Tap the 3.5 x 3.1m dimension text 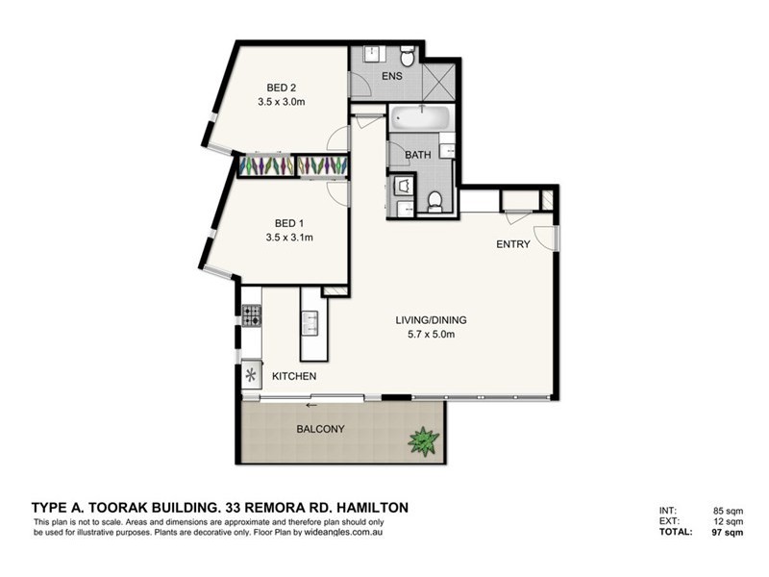coord(288,238)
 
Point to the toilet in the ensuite coord(408,58)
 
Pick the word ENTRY coord(512,244)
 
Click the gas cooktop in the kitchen coord(251,315)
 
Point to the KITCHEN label coord(294,376)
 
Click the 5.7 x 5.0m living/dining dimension coord(425,335)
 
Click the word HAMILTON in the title coord(371,507)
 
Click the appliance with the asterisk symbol coord(251,373)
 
